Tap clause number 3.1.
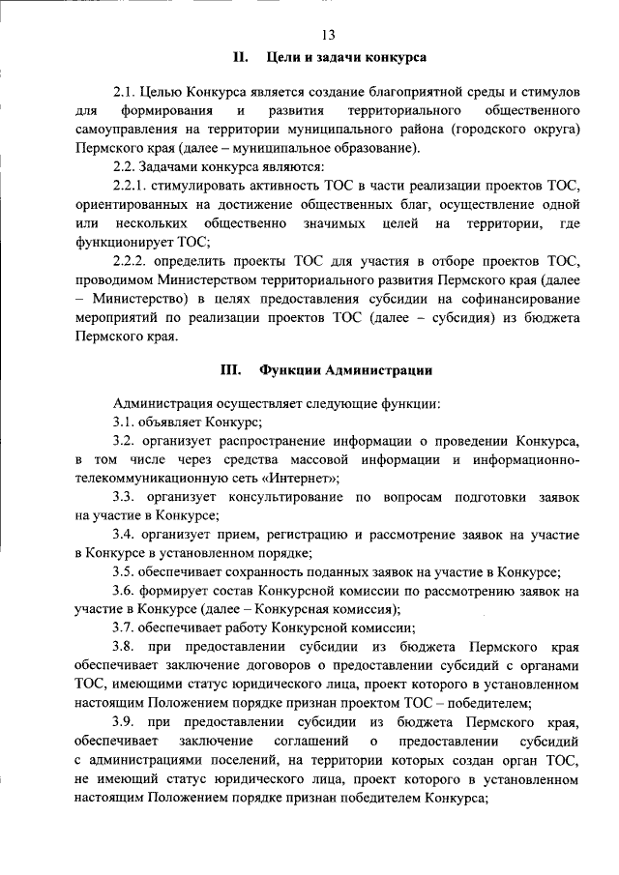point(125,421)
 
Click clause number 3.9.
point(126,722)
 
